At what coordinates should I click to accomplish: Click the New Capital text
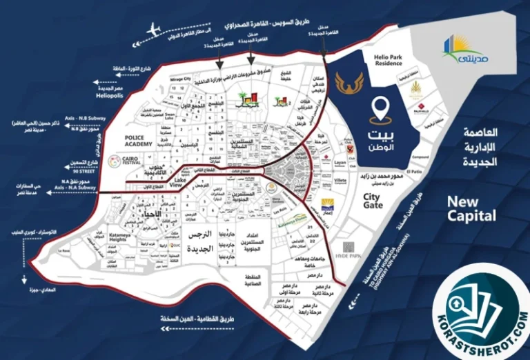471,208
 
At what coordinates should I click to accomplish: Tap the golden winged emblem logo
347,83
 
